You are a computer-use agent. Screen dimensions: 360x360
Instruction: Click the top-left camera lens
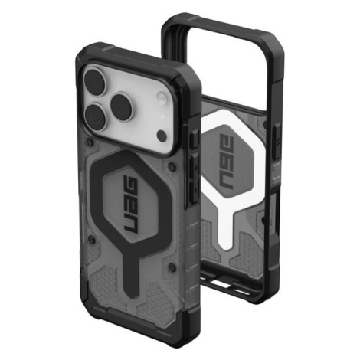96,80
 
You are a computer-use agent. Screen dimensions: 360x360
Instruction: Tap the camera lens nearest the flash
123,104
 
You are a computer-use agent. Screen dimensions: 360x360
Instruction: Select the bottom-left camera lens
96,117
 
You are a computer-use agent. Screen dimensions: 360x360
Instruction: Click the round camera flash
162,98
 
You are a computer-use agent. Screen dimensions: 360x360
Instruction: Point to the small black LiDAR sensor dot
162,135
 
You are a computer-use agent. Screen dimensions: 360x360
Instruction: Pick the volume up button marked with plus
195,166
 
